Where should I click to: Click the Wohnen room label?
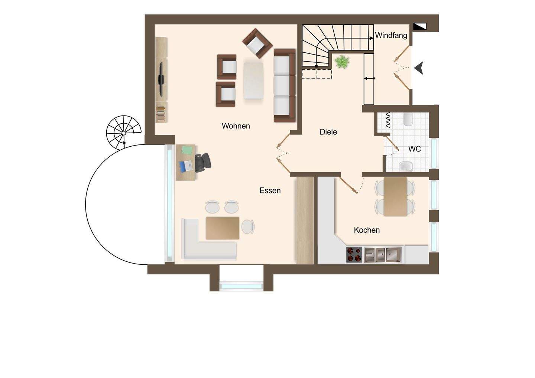click(236, 126)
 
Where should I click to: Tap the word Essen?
click(270, 190)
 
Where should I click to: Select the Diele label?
click(328, 132)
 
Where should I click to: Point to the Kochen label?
click(367, 230)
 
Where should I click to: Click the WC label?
click(414, 149)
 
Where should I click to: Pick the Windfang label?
click(391, 36)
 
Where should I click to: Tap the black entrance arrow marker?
click(419, 68)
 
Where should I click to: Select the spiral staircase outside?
click(124, 132)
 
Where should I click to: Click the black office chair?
click(202, 163)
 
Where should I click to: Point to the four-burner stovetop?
click(354, 255)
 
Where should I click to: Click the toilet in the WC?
click(408, 119)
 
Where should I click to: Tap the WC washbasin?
click(406, 166)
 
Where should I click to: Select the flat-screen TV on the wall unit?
click(161, 79)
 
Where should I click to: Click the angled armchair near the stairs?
click(257, 43)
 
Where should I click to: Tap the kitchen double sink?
click(383, 255)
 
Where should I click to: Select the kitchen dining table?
click(395, 196)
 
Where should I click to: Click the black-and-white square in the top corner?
click(419, 26)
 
